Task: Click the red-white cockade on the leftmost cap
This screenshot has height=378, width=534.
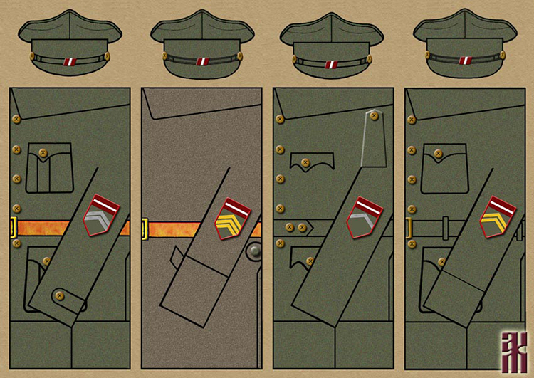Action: (70, 62)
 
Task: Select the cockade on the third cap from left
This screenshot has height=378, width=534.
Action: (332, 64)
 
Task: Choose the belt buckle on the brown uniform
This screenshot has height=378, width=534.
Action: (145, 229)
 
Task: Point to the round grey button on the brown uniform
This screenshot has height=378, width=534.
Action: (254, 252)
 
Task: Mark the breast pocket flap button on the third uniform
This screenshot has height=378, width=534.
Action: (307, 163)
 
